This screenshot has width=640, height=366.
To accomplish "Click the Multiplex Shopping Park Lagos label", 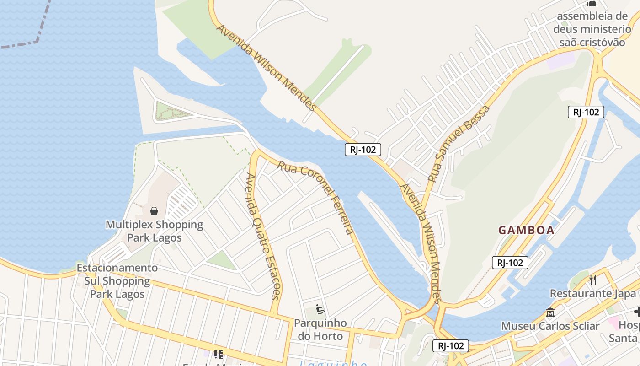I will (154, 231).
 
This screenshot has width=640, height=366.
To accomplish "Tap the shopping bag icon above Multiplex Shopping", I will (154, 211).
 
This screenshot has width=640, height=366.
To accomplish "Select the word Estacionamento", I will (117, 268).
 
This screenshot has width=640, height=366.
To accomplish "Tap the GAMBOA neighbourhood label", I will (526, 230).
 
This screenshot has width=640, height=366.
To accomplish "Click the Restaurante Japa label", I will (592, 293).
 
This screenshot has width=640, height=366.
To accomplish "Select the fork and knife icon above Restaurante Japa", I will (593, 280).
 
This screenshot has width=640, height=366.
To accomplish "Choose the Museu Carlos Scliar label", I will (550, 326).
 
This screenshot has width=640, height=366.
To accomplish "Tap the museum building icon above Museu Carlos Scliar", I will (550, 313).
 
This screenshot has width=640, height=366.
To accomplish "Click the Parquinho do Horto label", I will (320, 329).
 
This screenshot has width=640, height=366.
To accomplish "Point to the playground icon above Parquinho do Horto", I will (320, 310).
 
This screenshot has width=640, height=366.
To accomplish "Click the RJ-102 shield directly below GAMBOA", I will (510, 263).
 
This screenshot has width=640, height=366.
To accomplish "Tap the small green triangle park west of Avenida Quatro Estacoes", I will (222, 260).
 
